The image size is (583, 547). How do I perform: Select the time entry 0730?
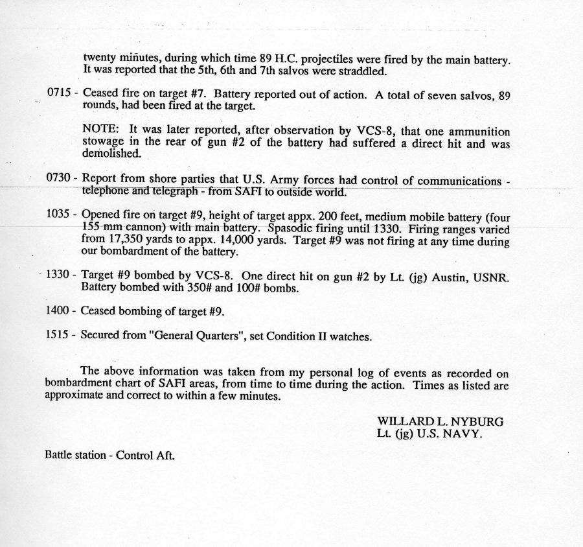[x=59, y=180]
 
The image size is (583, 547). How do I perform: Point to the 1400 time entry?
[x=59, y=311]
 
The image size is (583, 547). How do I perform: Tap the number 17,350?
[x=129, y=241]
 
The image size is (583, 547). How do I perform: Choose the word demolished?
[x=111, y=155]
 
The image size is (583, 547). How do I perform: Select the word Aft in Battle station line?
[x=166, y=455]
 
